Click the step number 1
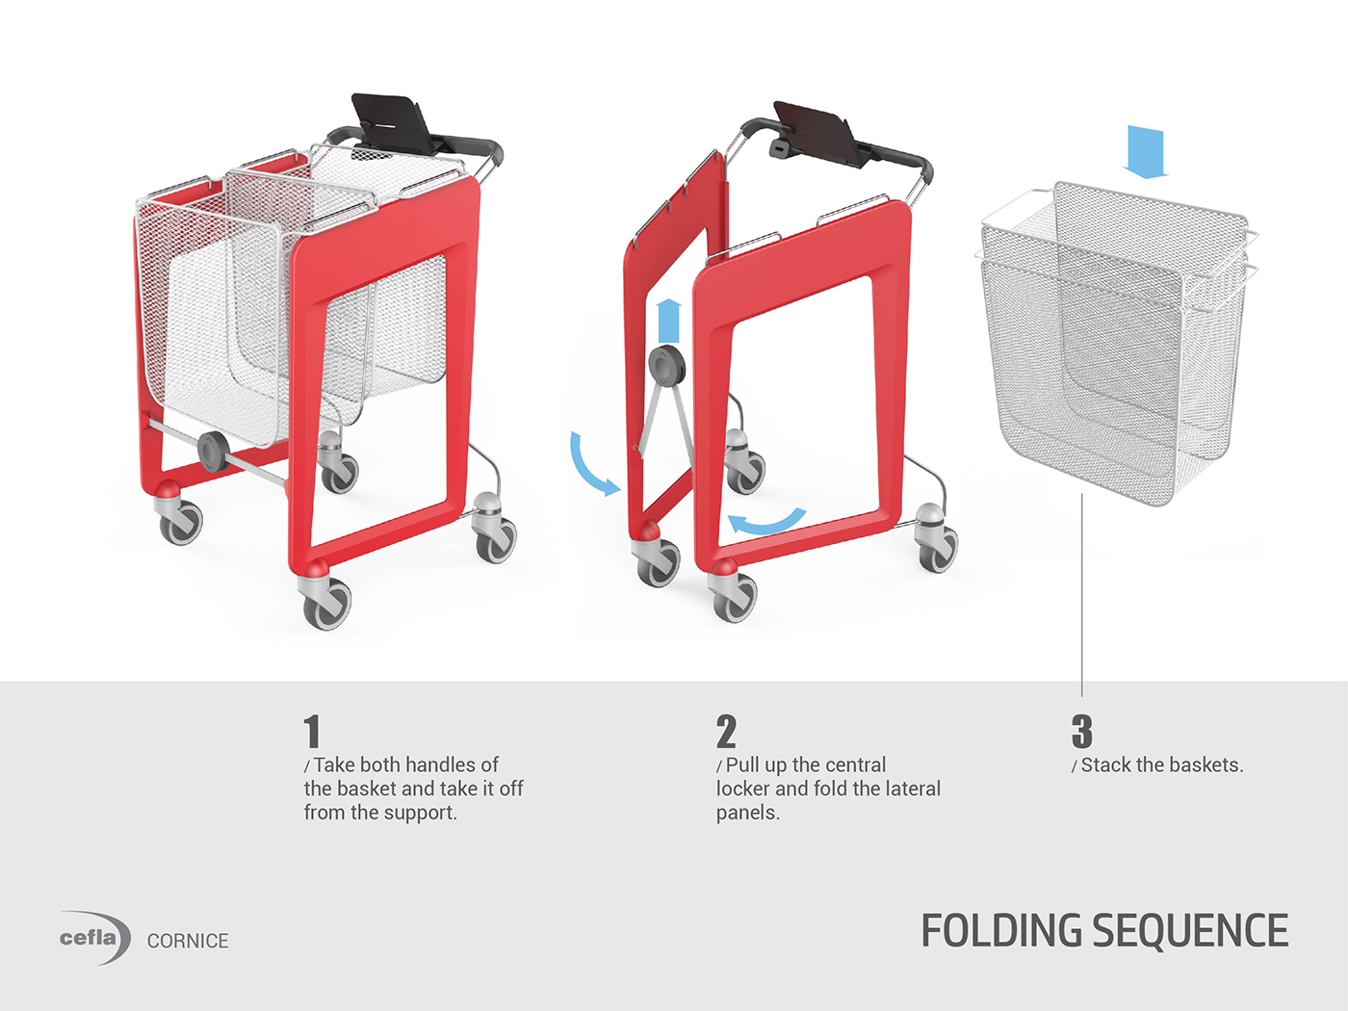point(312,732)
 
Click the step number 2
point(726,732)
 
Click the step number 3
point(1082,732)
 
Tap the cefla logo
point(92,938)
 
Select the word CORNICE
point(188,941)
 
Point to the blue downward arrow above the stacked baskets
point(1145,152)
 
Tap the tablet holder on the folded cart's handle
point(818,129)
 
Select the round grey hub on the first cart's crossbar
point(212,451)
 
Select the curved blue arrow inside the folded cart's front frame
point(765,521)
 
